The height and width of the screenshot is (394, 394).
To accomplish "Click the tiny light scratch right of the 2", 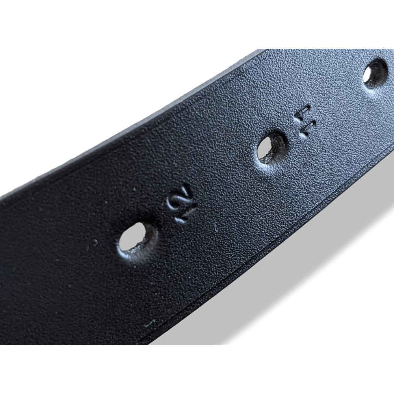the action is tap(216, 227).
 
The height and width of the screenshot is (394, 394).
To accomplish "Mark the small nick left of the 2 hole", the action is tap(95, 242).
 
